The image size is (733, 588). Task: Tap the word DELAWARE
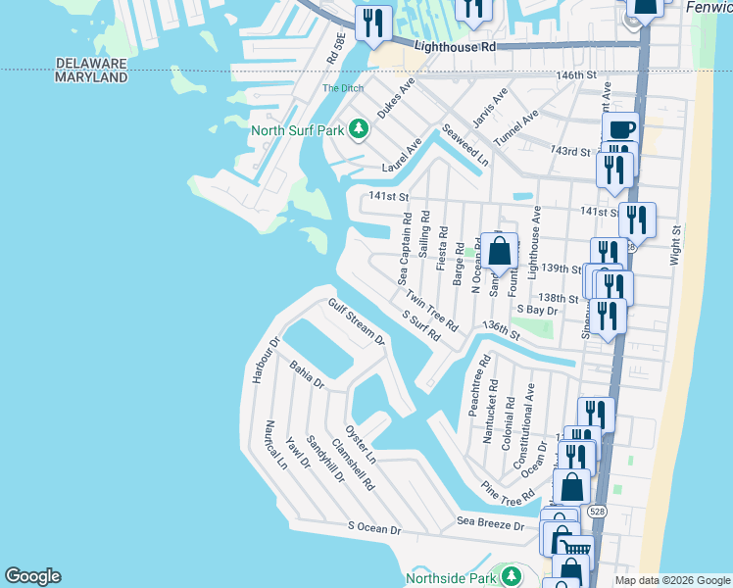91,63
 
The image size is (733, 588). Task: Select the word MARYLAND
91,76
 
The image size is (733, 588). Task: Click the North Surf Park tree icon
360,129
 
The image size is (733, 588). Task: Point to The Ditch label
342,89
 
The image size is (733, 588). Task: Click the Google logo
32,576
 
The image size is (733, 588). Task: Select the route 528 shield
595,512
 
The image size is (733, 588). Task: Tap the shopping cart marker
578,549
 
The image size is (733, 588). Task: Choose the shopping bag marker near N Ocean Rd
499,251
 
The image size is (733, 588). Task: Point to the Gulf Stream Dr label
357,322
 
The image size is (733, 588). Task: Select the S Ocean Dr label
375,529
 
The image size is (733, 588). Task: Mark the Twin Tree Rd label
432,310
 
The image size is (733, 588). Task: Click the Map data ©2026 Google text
672,580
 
